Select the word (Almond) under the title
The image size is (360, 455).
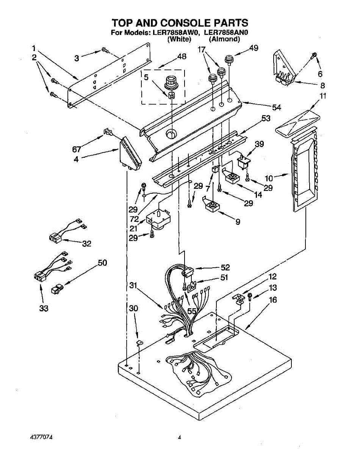tap(225, 39)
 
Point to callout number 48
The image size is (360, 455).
tap(182, 57)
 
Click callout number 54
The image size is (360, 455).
tap(276, 108)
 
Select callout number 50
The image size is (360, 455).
tap(102, 262)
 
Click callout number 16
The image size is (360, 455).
tap(272, 300)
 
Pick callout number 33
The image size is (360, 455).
tap(44, 309)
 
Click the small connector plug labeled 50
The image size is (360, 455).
tap(56, 289)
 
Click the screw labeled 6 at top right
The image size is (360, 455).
tap(314, 56)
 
